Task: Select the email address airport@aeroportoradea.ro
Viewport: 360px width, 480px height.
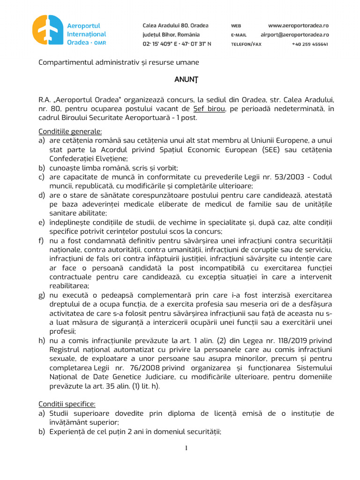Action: pyautogui.click(x=294, y=35)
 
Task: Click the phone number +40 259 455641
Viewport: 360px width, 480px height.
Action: pyautogui.click(x=309, y=44)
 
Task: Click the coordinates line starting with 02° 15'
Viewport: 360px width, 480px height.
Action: pyautogui.click(x=177, y=44)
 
